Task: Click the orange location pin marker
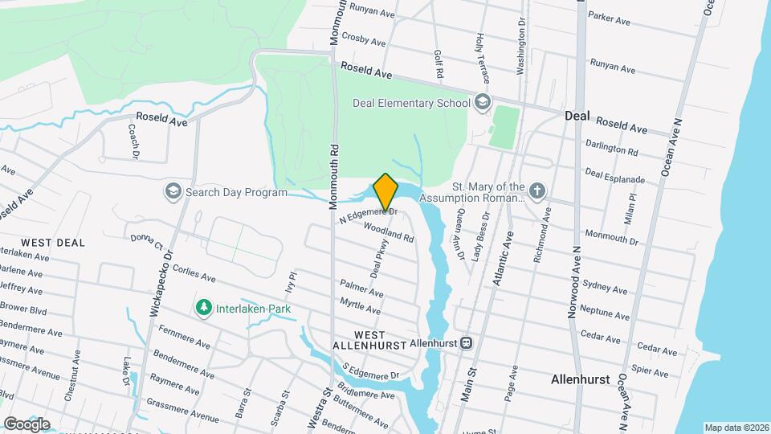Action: [x=385, y=192]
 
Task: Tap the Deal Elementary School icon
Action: [x=482, y=102]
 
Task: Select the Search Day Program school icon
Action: [x=173, y=192]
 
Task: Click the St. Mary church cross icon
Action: [x=537, y=191]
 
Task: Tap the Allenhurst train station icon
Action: [x=466, y=342]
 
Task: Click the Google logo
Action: [x=27, y=424]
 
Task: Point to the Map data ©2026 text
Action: [x=736, y=428]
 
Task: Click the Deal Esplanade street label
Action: [x=615, y=176]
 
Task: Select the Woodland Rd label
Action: [x=388, y=233]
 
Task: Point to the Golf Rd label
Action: [x=439, y=63]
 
